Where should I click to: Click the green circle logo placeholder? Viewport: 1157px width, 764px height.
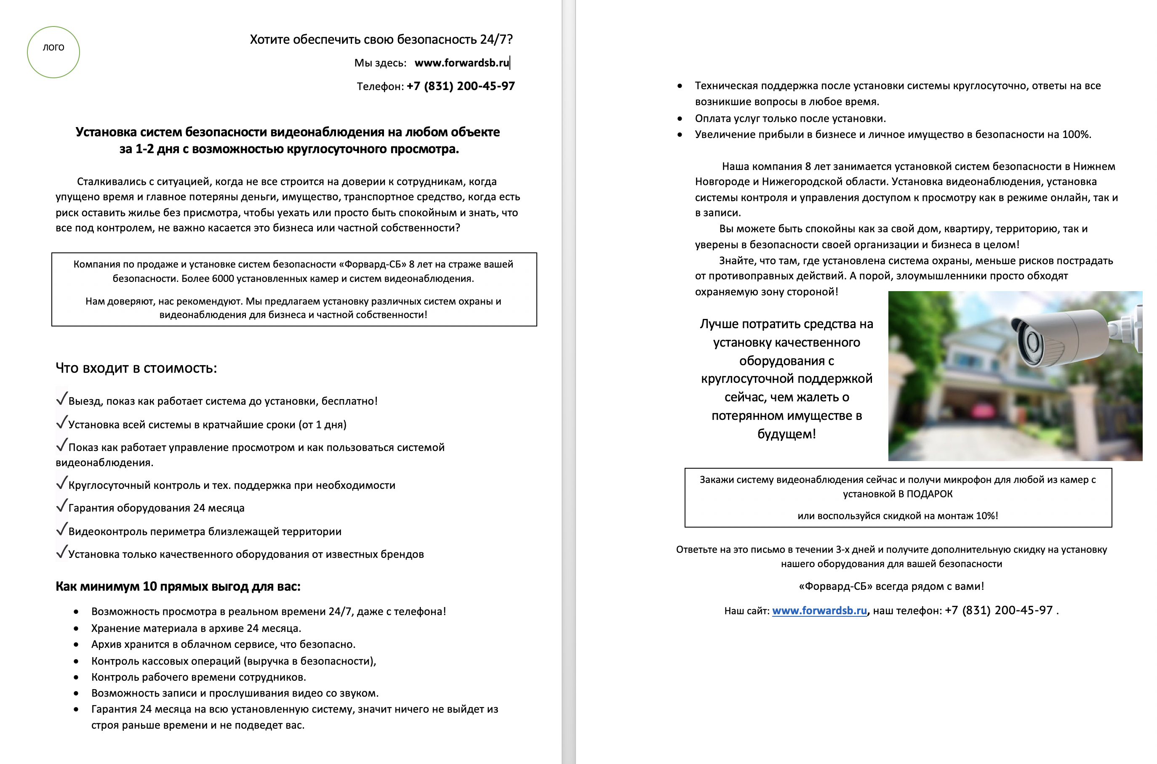point(53,52)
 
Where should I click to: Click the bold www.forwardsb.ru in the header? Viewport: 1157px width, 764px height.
point(461,63)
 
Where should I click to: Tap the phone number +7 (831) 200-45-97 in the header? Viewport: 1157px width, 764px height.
point(460,86)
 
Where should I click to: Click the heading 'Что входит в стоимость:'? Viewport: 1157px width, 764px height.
point(136,369)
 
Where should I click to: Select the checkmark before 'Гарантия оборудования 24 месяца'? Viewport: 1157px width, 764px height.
point(61,506)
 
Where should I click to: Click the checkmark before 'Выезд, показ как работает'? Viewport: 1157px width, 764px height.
point(61,399)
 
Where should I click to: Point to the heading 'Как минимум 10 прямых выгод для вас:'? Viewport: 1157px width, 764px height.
point(178,586)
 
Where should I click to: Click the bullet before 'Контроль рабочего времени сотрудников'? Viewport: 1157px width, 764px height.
point(76,677)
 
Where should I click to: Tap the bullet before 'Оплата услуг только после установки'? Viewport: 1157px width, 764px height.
point(680,118)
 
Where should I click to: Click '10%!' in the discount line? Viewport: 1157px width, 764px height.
point(986,516)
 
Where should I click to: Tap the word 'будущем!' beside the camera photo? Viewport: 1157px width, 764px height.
point(786,434)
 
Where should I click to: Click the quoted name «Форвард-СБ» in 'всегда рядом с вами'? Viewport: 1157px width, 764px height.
point(835,586)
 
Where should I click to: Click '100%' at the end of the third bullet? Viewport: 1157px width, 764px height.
point(1076,135)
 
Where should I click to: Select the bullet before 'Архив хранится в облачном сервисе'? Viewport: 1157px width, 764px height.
point(76,645)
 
